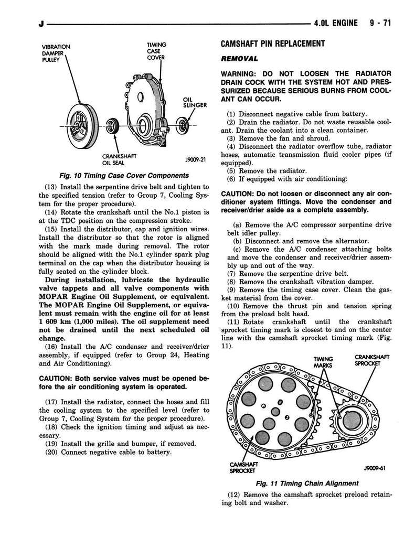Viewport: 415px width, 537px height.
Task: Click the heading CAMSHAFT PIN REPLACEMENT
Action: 273,44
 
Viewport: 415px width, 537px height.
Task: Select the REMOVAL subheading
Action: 239,58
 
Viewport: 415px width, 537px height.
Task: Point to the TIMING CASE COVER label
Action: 156,51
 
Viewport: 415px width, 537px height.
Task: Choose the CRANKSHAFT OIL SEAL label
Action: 120,159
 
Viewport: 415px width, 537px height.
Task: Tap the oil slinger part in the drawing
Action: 183,125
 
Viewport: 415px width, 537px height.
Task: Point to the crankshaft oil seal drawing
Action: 112,126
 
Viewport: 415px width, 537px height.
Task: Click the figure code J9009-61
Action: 373,469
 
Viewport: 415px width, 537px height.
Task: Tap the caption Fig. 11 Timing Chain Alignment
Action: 307,483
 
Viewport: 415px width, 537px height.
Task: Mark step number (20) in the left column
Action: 51,452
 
